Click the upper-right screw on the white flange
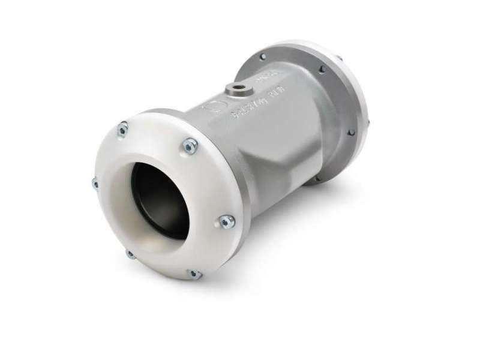(x=191, y=144)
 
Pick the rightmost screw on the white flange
(x=225, y=220)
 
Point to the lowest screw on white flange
(x=193, y=274)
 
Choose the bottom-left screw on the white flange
(x=130, y=253)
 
